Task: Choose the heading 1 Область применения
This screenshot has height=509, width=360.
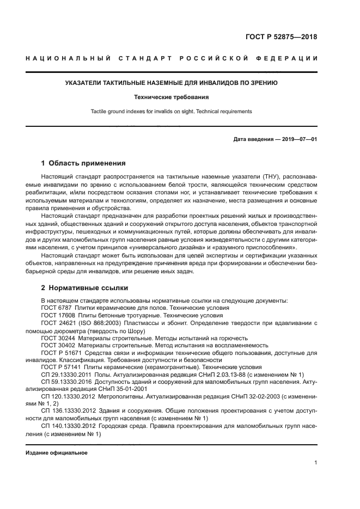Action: point(84,163)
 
